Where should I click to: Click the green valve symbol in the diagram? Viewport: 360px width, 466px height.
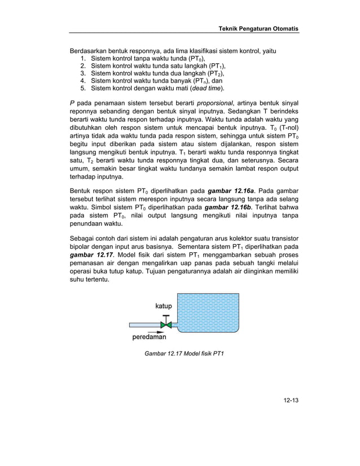tap(166, 325)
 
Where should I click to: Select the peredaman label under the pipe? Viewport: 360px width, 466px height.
tap(149, 338)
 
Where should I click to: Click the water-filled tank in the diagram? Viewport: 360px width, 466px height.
tap(208, 311)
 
